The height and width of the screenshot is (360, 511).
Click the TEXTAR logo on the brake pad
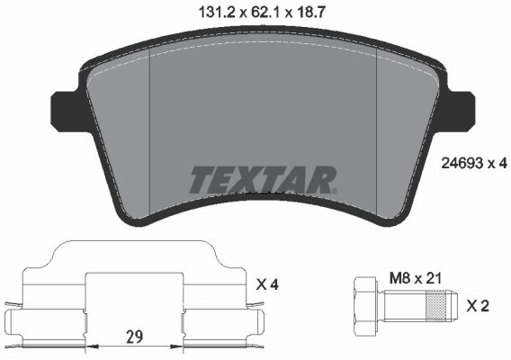pos(263,180)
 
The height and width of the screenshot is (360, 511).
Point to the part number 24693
pos(462,164)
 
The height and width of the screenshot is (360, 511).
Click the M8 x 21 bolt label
pos(416,278)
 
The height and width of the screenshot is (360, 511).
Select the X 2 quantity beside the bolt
pos(478,306)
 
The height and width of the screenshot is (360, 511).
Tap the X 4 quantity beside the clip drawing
pos(267,285)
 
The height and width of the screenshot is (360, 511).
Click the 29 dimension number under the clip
pos(135,337)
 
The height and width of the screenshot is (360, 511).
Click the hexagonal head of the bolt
pos(365,306)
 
